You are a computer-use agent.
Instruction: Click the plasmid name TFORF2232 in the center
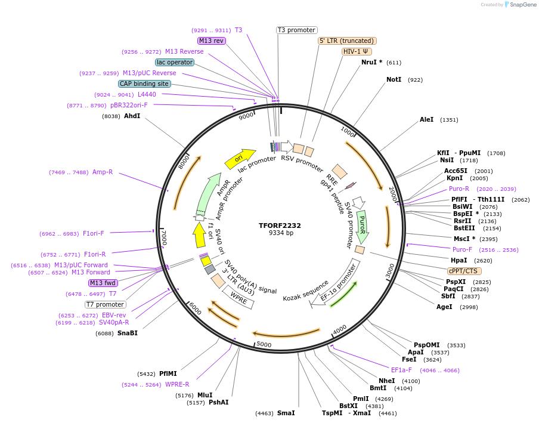click(x=280, y=226)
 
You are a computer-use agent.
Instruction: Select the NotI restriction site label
click(x=394, y=79)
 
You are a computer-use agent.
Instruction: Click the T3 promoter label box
click(x=297, y=30)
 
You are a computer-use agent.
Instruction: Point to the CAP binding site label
click(x=144, y=84)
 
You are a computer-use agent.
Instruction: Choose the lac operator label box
click(x=175, y=62)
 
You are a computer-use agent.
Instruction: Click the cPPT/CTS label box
click(x=464, y=271)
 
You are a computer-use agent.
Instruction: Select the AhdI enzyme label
click(x=132, y=116)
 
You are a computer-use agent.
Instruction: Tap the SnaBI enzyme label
click(x=127, y=333)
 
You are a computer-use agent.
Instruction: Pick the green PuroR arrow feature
click(x=362, y=226)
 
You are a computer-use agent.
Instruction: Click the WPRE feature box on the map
click(x=238, y=296)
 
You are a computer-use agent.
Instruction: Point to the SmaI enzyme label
click(x=286, y=413)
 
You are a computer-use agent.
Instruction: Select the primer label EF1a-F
click(x=401, y=370)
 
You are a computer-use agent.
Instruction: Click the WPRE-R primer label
click(x=177, y=384)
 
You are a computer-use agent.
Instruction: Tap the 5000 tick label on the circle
click(x=264, y=345)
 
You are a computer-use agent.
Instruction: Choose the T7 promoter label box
click(x=105, y=304)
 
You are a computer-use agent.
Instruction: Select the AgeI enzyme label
click(x=444, y=307)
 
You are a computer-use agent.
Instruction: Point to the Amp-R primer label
click(x=103, y=172)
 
